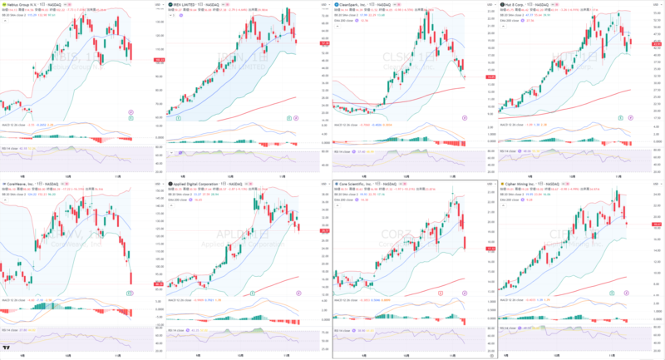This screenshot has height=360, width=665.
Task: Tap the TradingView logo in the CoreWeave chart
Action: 7,348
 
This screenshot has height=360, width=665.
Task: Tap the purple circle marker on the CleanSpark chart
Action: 464,118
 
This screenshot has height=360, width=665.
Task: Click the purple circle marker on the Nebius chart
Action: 131,112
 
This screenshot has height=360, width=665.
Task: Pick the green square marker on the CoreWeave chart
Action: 131,293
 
